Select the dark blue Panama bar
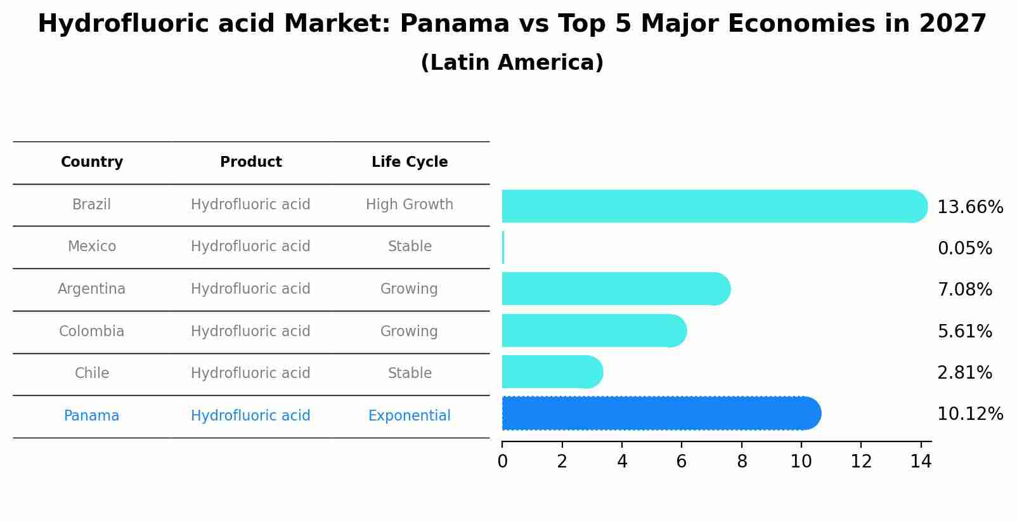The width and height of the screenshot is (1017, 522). tap(659, 414)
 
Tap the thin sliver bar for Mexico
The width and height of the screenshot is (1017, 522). tap(503, 247)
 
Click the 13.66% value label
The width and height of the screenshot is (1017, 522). tap(969, 207)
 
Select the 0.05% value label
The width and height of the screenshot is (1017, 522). tap(964, 249)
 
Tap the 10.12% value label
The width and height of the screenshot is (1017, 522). tap(969, 414)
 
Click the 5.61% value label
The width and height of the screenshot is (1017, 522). tap(964, 331)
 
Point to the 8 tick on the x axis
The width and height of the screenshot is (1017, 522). tap(741, 462)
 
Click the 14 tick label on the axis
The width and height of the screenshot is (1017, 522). tap(920, 462)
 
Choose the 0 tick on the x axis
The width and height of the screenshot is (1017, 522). tap(502, 462)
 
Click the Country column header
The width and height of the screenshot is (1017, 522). tap(92, 162)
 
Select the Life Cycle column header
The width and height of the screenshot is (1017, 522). tap(410, 162)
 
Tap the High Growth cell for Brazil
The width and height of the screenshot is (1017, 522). tap(410, 205)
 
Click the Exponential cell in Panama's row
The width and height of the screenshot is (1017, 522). tap(410, 416)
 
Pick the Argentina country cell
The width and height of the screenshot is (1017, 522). tap(92, 289)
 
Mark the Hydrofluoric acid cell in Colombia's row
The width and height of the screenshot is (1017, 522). tap(250, 332)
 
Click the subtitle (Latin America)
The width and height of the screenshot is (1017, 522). tap(512, 63)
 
